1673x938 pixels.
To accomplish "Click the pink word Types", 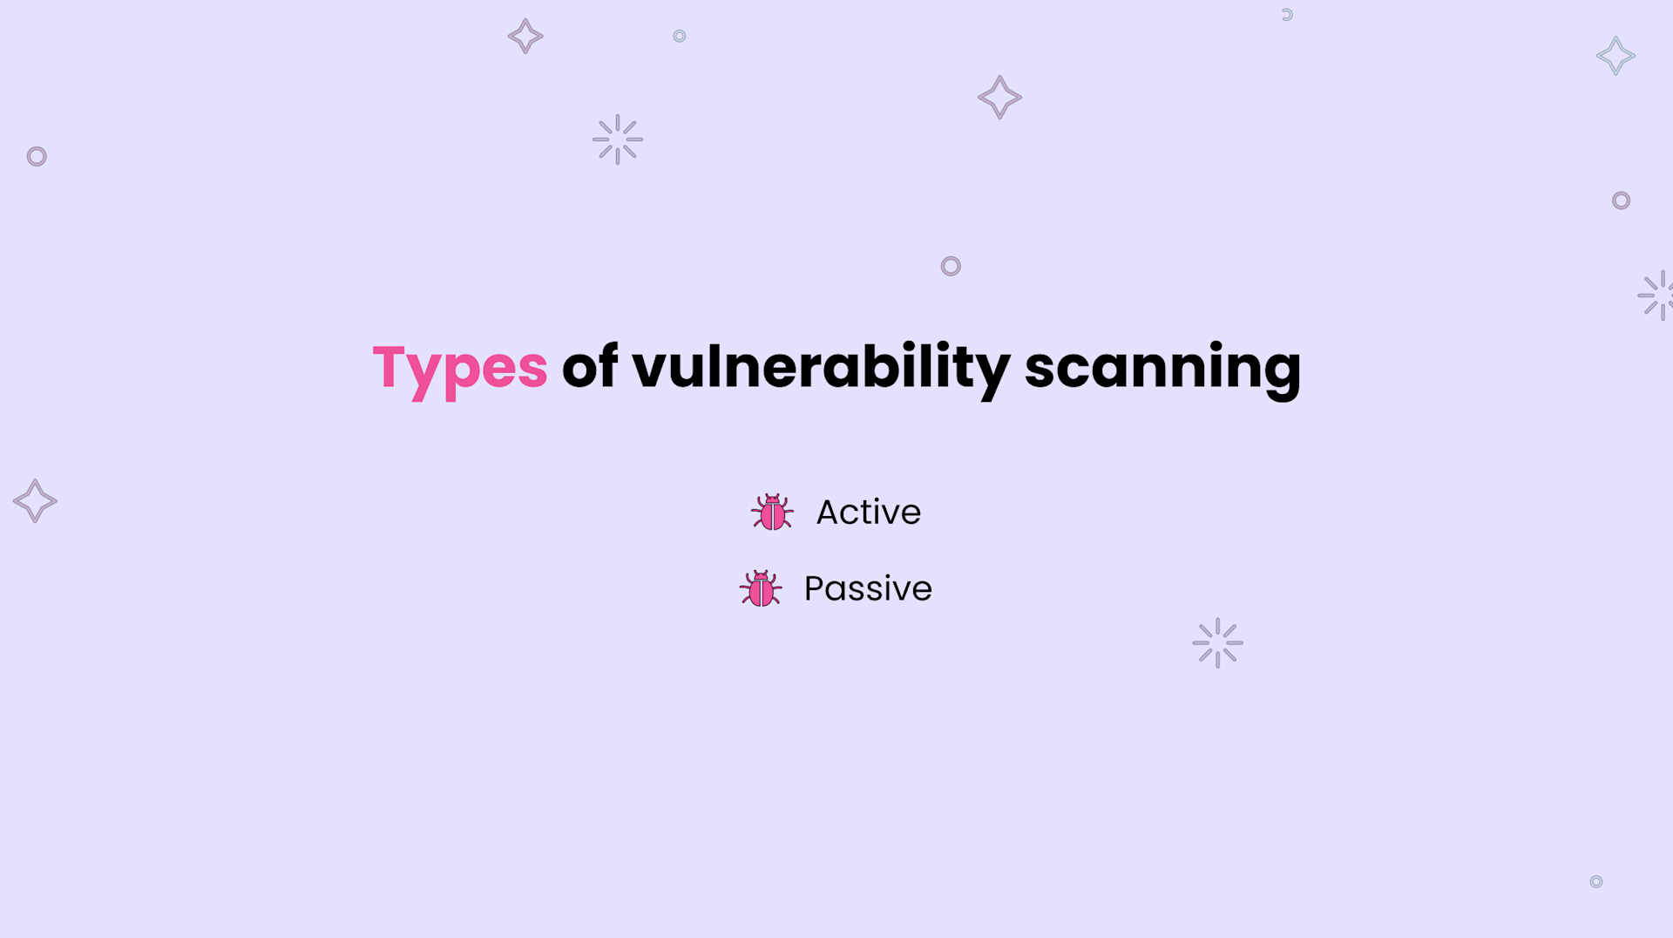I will coord(459,368).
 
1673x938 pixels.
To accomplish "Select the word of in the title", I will coord(590,367).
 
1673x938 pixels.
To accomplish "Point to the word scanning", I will coord(1162,368).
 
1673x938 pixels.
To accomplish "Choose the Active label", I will coord(868,513).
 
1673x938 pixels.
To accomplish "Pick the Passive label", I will coord(868,589).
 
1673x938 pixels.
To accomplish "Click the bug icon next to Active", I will coord(772,513).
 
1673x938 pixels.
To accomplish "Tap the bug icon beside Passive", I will coord(761,589).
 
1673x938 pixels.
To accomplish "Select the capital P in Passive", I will coord(815,589).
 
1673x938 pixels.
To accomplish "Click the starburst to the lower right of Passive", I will coord(1217,643).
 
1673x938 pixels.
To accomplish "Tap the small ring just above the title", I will coord(951,266).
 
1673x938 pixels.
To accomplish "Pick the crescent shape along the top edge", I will coord(1287,15).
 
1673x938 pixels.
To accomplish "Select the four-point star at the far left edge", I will coord(35,501).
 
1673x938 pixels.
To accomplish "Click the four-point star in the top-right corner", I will coord(1615,56).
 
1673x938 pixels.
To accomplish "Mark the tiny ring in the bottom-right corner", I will coord(1596,881).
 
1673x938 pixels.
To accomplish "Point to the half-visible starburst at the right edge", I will coord(1657,296).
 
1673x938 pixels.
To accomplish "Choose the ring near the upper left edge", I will coord(37,157).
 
